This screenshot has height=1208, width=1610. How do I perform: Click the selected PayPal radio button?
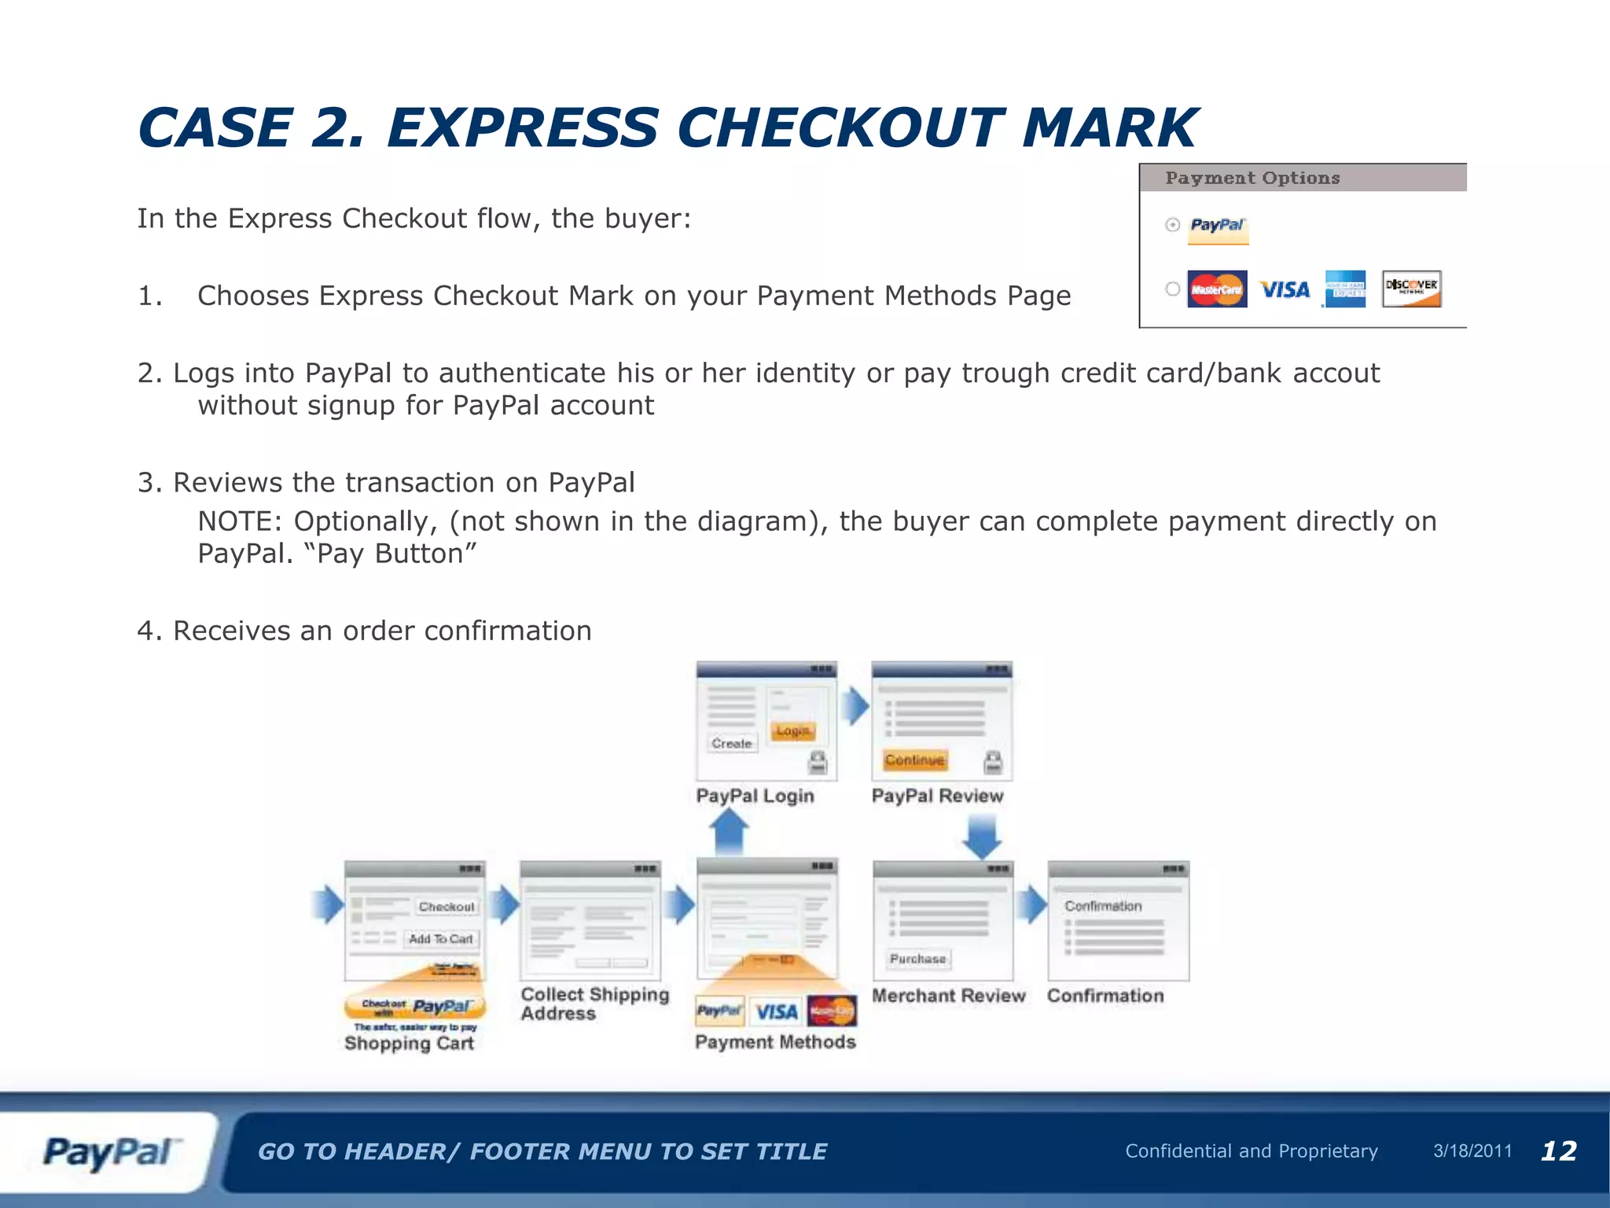click(1173, 225)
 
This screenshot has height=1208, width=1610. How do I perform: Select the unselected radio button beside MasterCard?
click(1173, 289)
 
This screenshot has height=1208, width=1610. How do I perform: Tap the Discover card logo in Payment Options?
click(1411, 289)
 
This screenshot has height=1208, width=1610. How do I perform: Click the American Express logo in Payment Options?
click(1345, 289)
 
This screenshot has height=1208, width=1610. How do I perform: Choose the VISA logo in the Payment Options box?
click(1285, 289)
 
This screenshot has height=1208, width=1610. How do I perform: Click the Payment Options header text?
click(1252, 178)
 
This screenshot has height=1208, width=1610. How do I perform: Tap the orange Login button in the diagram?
click(792, 731)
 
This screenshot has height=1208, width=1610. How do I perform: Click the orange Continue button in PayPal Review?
click(914, 760)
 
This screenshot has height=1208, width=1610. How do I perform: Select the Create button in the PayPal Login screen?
click(731, 743)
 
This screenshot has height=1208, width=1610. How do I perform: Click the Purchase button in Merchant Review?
click(917, 959)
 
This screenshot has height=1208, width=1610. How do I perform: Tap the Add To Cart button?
click(440, 938)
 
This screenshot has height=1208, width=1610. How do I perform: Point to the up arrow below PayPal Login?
click(730, 831)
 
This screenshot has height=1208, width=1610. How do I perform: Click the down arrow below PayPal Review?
click(982, 836)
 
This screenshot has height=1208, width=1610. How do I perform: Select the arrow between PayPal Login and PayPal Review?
click(855, 705)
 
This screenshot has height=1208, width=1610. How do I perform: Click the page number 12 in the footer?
click(1558, 1151)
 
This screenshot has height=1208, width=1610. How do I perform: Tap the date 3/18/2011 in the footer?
click(1472, 1151)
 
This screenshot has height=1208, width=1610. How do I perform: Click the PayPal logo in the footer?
click(110, 1153)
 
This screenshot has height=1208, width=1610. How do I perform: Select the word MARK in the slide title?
click(1110, 128)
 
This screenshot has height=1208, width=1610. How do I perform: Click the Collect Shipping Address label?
click(594, 1004)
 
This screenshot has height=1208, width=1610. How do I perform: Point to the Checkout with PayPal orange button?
click(415, 1007)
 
